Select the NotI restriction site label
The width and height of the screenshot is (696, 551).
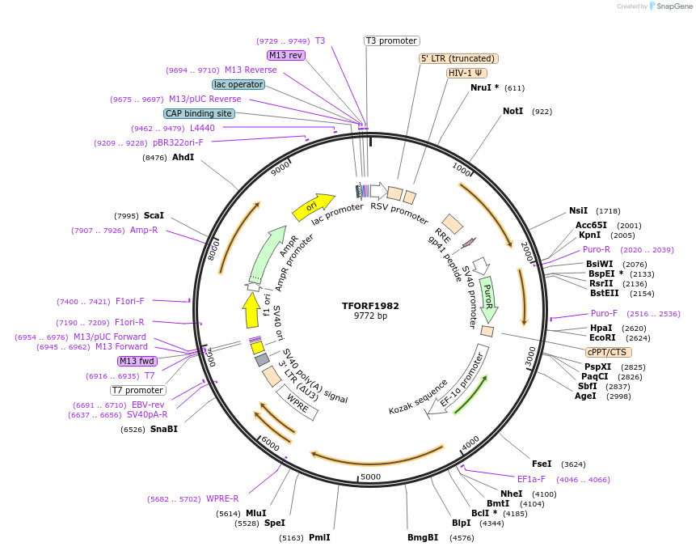pos(513,111)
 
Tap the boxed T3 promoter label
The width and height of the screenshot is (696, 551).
pos(391,40)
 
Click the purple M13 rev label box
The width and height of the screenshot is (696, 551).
pos(285,55)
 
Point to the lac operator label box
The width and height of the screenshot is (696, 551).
pos(238,84)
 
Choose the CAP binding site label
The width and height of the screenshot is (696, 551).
pos(199,113)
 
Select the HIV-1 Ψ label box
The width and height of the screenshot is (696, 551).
pos(466,73)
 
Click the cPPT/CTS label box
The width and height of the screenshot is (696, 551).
pos(608,352)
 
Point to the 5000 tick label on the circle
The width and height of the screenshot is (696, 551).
pos(370,477)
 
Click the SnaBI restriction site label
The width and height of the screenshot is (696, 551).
pos(163,429)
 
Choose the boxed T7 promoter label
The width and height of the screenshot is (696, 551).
pos(138,390)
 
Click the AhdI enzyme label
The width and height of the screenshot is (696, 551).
pos(183,157)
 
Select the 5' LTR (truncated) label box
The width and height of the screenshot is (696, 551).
pos(458,58)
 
